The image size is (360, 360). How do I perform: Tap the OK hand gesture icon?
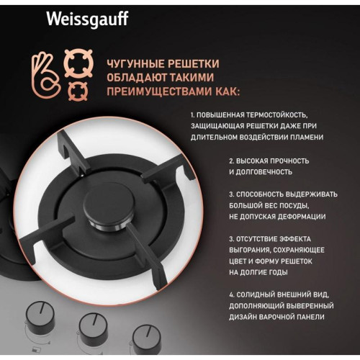48,68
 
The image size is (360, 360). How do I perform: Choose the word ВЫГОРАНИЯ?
252,250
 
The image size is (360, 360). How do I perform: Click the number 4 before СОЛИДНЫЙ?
231,294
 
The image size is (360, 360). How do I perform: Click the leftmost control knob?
38,318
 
